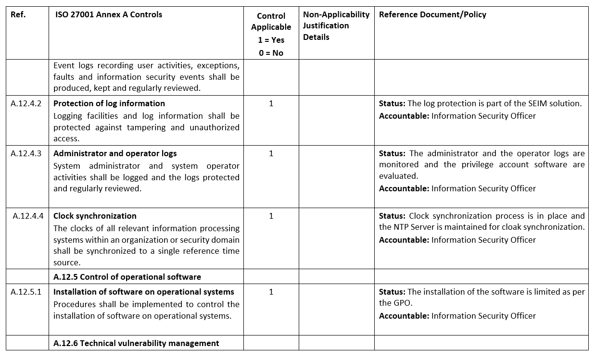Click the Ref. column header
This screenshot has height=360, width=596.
coord(18,14)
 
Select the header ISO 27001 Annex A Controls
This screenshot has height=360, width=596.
coord(108,14)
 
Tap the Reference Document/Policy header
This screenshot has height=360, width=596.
coord(432,14)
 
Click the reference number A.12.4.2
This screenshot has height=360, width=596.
coord(26,103)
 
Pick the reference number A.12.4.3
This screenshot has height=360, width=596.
coord(26,153)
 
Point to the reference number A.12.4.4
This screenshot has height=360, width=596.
coord(28,216)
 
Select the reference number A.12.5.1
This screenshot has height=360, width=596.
coord(26,292)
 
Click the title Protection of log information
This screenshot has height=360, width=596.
coord(109,103)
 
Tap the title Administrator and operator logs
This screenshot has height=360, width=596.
coord(115,153)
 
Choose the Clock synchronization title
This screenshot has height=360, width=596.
coord(95,216)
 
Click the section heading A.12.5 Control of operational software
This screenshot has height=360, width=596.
coord(127,276)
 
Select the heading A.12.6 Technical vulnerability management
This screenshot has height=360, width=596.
coord(136,343)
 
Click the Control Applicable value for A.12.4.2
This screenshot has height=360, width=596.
coord(271,103)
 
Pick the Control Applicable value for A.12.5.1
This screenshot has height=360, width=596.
coord(271,292)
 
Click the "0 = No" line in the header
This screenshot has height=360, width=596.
coord(271,53)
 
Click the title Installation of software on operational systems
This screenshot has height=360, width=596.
coord(144,292)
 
